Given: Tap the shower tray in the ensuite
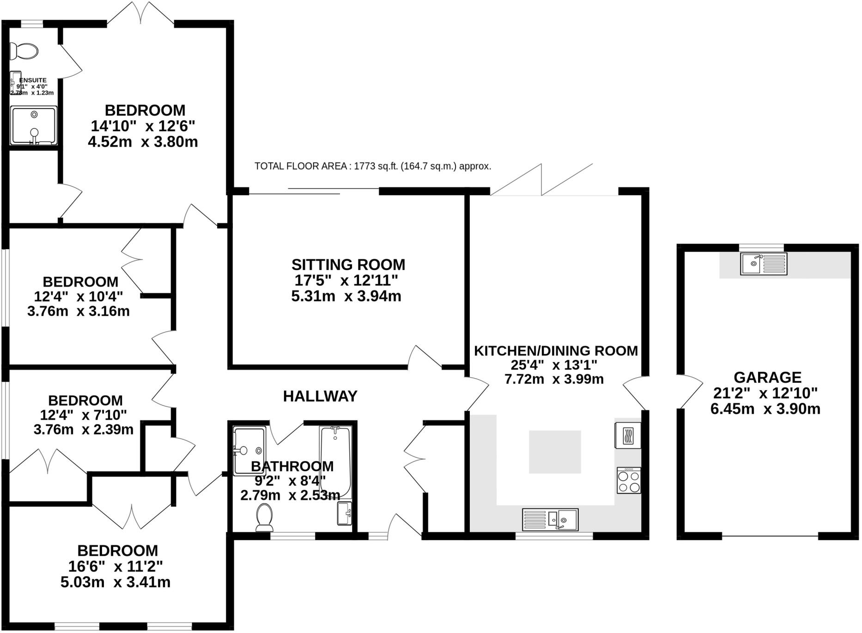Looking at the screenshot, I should pyautogui.click(x=34, y=125).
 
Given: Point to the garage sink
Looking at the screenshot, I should pyautogui.click(x=763, y=264).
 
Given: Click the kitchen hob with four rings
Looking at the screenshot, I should pyautogui.click(x=629, y=480).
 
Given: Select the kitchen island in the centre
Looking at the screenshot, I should pyautogui.click(x=554, y=452).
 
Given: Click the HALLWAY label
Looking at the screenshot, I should pyautogui.click(x=320, y=396).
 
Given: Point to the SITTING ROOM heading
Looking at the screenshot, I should pyautogui.click(x=348, y=265).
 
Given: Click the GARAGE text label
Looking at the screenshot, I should pyautogui.click(x=767, y=377).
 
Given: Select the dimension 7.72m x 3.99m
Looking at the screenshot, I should pyautogui.click(x=554, y=380).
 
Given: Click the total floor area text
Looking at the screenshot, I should pyautogui.click(x=372, y=166).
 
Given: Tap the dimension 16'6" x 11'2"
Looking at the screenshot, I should pyautogui.click(x=115, y=566).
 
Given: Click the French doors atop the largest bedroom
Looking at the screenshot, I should pyautogui.click(x=141, y=14).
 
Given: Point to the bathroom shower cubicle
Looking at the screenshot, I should pyautogui.click(x=249, y=451).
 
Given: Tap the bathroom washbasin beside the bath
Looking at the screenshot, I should pyautogui.click(x=344, y=514).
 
